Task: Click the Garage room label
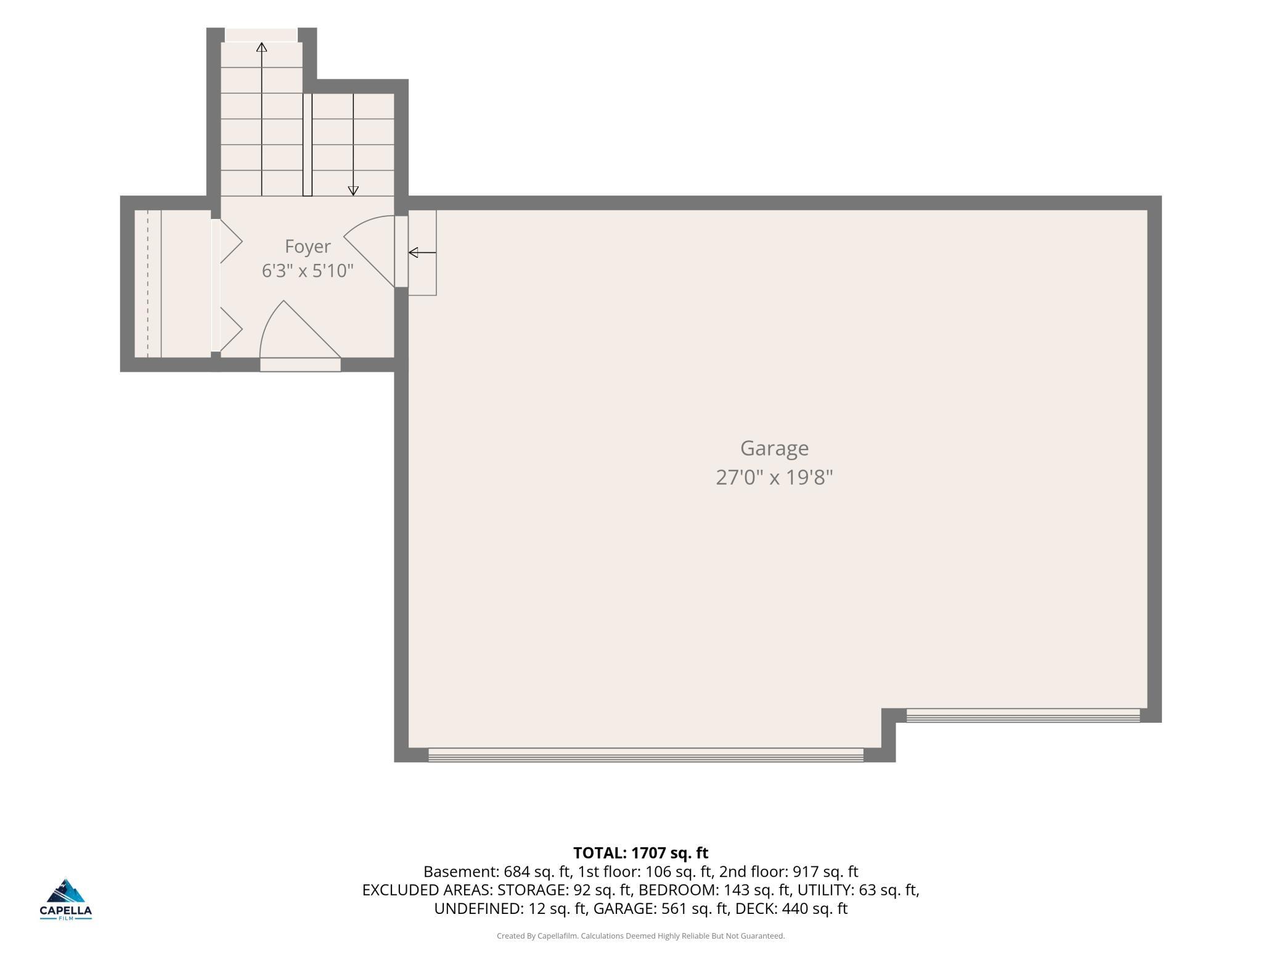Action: (774, 448)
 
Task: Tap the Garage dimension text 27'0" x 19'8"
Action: (774, 477)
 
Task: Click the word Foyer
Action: (308, 247)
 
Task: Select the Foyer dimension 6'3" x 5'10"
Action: (308, 271)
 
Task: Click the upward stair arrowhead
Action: (262, 47)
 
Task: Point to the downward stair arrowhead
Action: (353, 191)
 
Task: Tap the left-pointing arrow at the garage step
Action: (422, 252)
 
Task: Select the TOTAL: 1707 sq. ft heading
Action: (641, 853)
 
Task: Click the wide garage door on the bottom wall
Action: (646, 755)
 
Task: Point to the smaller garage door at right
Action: (1023, 715)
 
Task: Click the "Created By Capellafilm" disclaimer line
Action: (641, 936)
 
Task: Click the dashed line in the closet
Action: (148, 284)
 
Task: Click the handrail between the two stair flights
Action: (308, 145)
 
